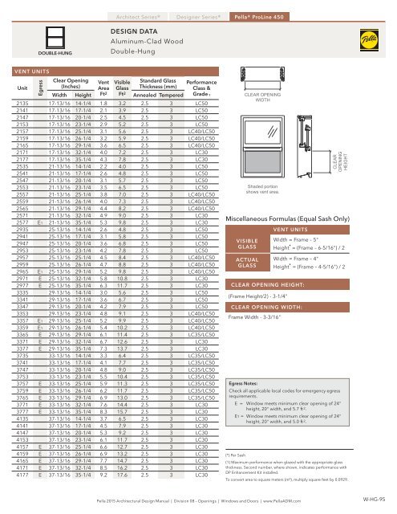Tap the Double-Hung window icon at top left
(x=23, y=33)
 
